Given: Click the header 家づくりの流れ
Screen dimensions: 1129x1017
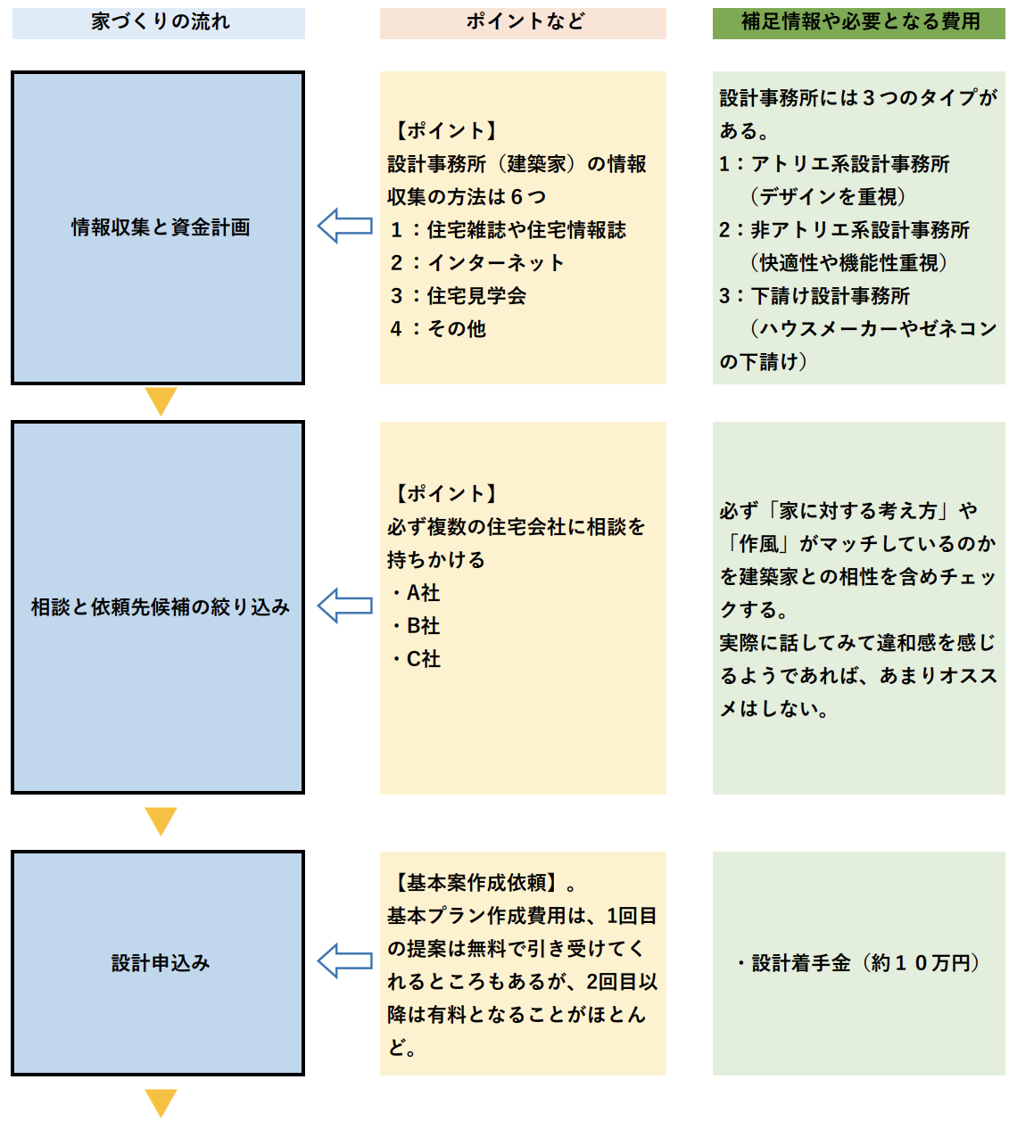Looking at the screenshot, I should (x=160, y=22).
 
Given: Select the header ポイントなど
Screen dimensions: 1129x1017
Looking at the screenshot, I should (x=524, y=22).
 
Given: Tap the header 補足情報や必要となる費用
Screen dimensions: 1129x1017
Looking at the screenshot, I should (x=859, y=22).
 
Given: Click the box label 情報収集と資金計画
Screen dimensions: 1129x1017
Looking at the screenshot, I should (x=161, y=227).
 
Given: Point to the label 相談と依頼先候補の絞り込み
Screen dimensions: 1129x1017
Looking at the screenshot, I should (x=161, y=607).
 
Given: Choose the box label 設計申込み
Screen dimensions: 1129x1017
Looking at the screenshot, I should (x=161, y=963).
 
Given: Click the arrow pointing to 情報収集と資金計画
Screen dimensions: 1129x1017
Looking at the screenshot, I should (x=344, y=227).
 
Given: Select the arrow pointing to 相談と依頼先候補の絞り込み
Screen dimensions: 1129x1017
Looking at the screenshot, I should (x=344, y=606).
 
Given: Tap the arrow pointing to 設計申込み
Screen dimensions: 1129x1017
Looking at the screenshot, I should (x=344, y=961).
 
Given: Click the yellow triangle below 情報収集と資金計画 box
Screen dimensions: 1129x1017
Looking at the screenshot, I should (x=161, y=400).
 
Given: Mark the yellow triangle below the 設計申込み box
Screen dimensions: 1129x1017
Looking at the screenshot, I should (x=161, y=1102).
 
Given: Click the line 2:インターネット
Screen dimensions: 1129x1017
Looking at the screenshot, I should (x=477, y=263).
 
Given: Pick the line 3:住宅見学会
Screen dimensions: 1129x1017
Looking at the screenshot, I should (x=459, y=296).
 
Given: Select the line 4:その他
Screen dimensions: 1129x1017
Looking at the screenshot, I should (x=438, y=329).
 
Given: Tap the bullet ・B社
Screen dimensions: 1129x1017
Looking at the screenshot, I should (x=416, y=626).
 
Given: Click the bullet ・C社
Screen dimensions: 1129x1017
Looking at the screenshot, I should (x=416, y=659).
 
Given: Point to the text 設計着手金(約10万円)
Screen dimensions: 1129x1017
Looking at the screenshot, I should (x=858, y=963).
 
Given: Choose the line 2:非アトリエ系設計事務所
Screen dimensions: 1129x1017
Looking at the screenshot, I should (x=844, y=230).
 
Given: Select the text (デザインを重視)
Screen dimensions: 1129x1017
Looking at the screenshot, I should (x=828, y=197).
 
